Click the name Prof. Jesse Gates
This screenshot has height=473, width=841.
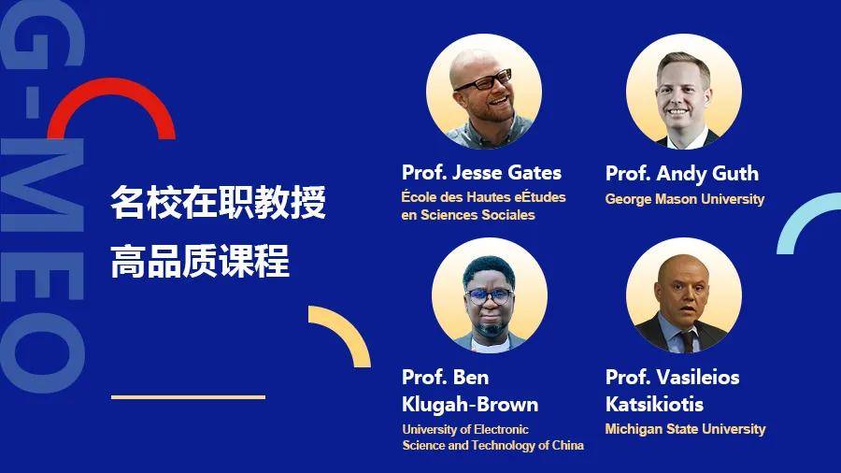point(481,173)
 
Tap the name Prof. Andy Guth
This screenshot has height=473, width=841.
point(682,173)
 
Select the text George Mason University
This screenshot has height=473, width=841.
point(684,199)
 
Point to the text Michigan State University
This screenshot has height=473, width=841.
point(685,429)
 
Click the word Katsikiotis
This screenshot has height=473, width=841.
point(654,404)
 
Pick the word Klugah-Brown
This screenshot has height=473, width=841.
point(470,404)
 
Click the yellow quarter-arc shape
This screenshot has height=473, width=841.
point(349,327)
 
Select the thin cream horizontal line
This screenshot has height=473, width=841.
point(188,397)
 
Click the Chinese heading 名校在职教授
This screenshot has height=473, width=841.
point(219,202)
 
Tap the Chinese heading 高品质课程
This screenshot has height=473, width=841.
point(200,261)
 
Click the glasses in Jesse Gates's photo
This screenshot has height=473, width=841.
point(484,80)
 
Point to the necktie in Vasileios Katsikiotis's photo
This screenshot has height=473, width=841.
point(688,340)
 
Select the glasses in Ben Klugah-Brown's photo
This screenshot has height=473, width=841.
point(489,295)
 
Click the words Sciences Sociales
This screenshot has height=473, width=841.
point(478,215)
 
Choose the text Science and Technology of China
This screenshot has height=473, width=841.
point(492,445)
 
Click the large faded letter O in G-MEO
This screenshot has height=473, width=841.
point(43,352)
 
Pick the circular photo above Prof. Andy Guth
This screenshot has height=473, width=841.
point(684,92)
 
